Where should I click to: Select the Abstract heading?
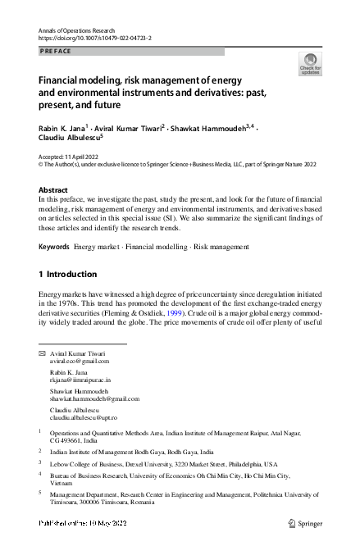pos(54,189)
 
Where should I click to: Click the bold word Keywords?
pos(54,246)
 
